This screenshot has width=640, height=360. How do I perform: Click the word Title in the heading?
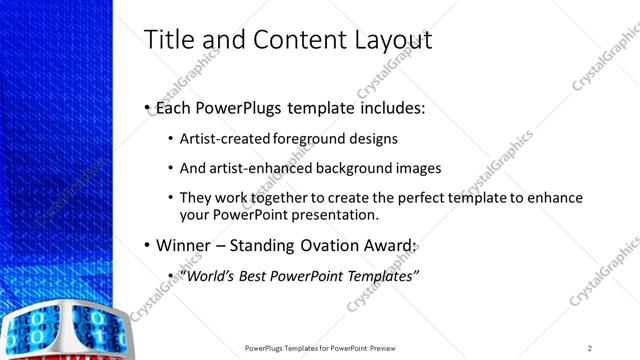(171, 39)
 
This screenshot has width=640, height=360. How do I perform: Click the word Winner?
(186, 245)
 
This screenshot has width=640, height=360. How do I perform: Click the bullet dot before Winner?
(147, 246)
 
